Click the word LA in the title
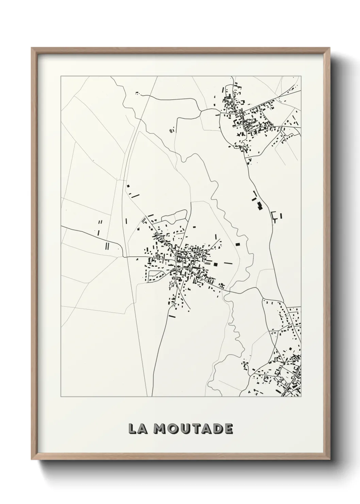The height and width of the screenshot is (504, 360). [136, 429]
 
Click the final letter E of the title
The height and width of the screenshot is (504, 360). [228, 429]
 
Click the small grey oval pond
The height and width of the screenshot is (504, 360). [170, 130]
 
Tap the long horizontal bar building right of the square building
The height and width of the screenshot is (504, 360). [228, 263]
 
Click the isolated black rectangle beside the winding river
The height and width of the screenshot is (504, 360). [238, 244]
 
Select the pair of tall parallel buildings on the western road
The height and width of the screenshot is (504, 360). [107, 246]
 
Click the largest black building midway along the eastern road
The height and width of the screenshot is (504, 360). [260, 205]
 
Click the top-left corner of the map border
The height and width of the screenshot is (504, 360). [61, 76]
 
